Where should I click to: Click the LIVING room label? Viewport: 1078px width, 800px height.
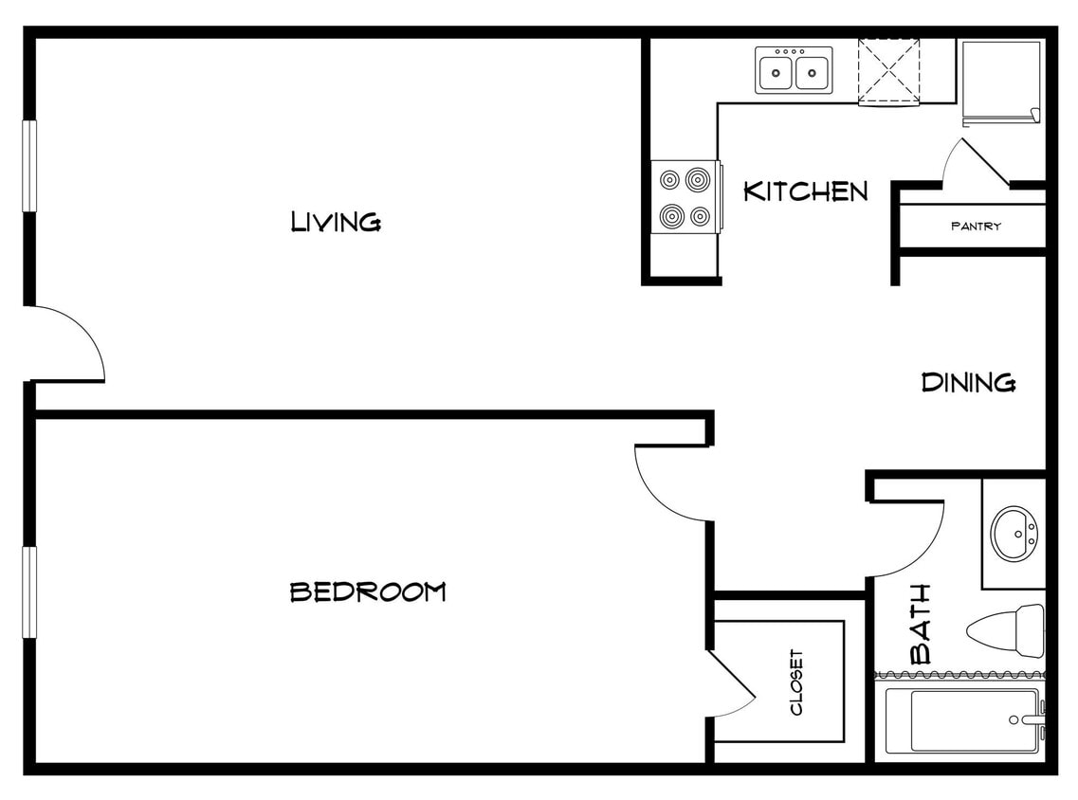point(336,222)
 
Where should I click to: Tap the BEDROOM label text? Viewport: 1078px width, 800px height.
point(367,592)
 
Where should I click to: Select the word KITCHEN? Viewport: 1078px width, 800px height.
point(805,191)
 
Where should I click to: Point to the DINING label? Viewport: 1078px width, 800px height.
point(969,383)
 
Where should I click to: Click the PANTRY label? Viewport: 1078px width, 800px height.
point(976,227)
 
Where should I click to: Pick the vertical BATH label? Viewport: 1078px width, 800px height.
point(920,624)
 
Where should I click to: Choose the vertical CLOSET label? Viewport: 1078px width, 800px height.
point(795,682)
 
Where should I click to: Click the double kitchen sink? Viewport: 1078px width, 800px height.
point(794,70)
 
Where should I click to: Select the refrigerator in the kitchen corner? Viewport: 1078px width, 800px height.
point(1001,82)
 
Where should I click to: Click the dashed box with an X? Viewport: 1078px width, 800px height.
point(888,72)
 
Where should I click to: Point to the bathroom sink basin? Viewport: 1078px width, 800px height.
point(1014,534)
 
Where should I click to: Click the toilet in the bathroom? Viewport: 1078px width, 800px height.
point(1005,629)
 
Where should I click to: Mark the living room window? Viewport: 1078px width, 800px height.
point(29,166)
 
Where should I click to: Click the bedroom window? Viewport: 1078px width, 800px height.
point(29,592)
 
